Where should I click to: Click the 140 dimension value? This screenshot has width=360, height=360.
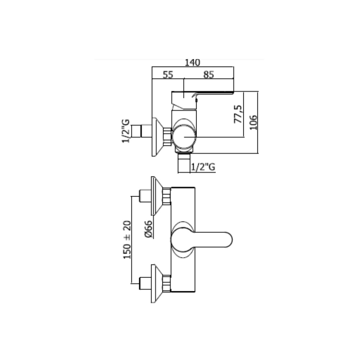192,62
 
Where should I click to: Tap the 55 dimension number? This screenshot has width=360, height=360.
168,75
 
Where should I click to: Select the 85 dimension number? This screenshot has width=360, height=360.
208,75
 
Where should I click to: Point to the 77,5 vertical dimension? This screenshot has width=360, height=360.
238,114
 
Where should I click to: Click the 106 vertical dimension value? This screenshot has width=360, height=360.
253,122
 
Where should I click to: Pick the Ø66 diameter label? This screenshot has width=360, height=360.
149,229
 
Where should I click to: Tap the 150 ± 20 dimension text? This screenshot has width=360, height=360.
127,240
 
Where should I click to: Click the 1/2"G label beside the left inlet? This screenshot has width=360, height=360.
126,131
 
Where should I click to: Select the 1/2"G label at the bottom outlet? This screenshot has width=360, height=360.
203,167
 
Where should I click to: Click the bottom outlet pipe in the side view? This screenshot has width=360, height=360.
184,163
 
